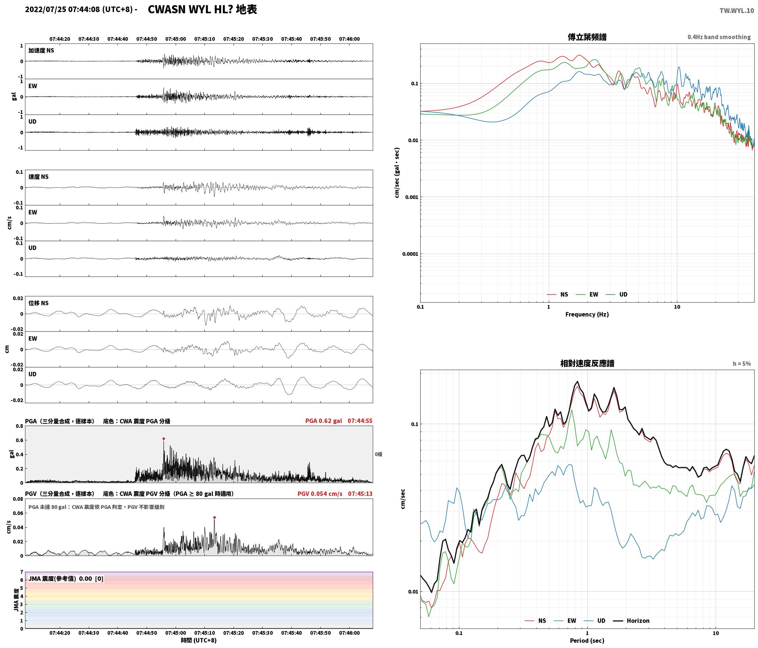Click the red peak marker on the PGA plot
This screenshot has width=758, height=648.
164,439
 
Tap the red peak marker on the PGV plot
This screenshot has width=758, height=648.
214,517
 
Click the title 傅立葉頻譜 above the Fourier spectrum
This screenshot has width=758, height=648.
587,37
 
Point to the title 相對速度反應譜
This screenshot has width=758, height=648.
587,363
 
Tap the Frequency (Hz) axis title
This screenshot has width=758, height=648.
587,314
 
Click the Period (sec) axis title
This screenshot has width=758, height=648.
587,640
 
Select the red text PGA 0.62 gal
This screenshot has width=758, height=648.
323,421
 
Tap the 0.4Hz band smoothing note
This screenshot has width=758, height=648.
719,37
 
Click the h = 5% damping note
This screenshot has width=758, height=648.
742,364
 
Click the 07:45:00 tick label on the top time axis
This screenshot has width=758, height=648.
176,39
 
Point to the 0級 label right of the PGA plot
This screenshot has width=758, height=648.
379,454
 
